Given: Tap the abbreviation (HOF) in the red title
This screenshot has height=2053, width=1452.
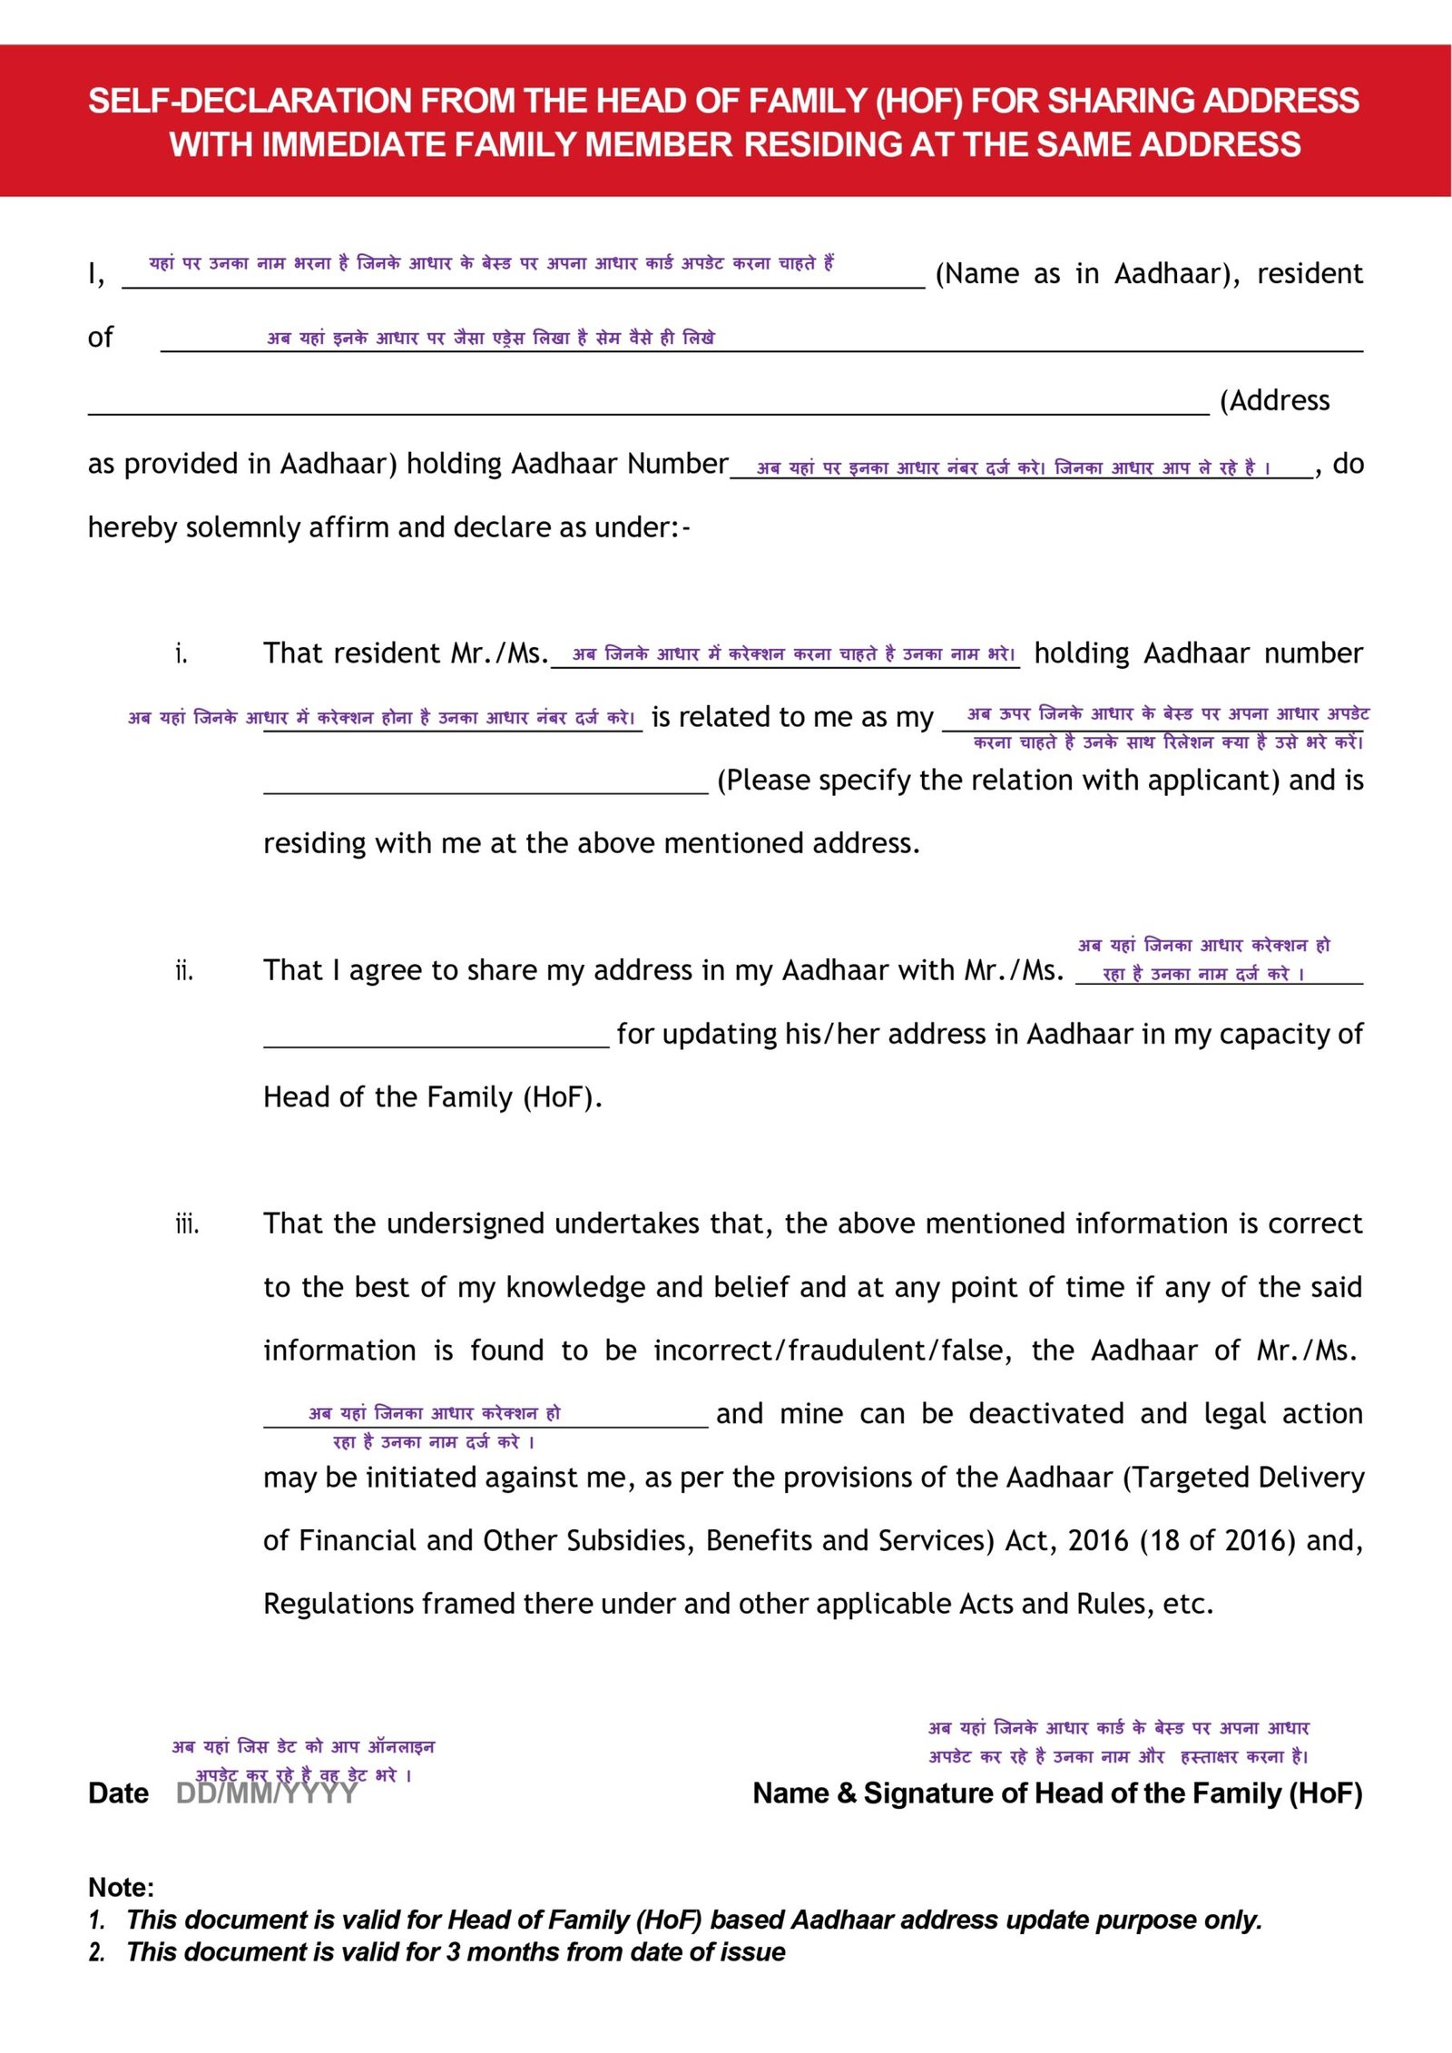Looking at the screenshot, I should [x=918, y=101].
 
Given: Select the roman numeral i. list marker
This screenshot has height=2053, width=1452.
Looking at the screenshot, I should [x=181, y=654].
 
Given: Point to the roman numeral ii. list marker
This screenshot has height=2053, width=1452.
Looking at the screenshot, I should [x=184, y=972].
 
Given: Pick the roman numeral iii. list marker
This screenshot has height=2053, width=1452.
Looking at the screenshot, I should [x=187, y=1225].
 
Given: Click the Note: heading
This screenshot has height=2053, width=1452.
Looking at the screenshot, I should [x=121, y=1888].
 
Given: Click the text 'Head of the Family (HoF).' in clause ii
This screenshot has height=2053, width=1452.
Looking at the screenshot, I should [x=433, y=1098].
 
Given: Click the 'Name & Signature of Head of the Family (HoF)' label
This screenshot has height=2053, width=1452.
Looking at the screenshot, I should [x=1057, y=1793].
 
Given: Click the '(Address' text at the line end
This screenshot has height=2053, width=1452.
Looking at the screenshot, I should [x=1274, y=401].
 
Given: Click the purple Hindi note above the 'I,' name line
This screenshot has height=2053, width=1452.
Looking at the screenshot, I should [x=491, y=263].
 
